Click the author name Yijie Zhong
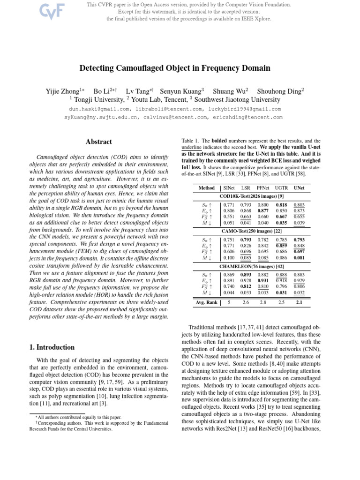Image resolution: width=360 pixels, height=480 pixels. [x=65, y=91]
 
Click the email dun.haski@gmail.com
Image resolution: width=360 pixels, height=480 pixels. [x=97, y=109]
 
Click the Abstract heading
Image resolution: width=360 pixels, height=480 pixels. [x=99, y=142]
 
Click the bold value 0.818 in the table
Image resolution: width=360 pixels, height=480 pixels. [x=281, y=205]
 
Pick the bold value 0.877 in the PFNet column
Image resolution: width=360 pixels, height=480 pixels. [x=263, y=211]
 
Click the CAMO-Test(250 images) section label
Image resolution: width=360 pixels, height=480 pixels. [x=251, y=231]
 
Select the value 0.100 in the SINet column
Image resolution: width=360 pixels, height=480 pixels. [x=229, y=258]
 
